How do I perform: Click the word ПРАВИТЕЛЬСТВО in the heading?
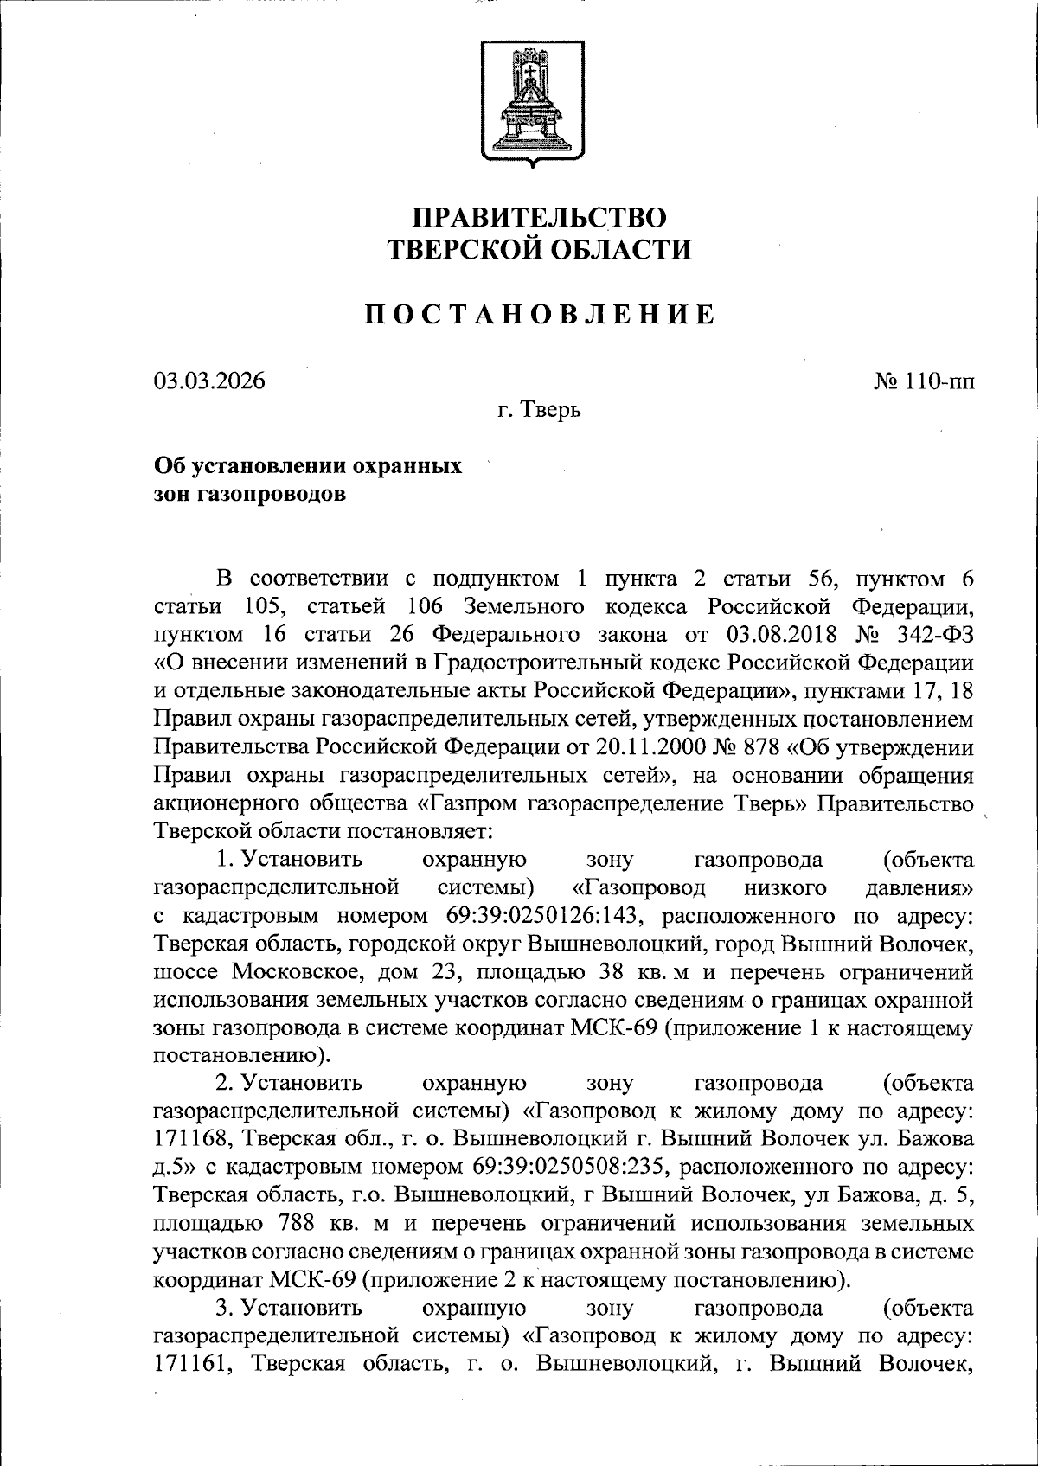coord(538,216)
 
